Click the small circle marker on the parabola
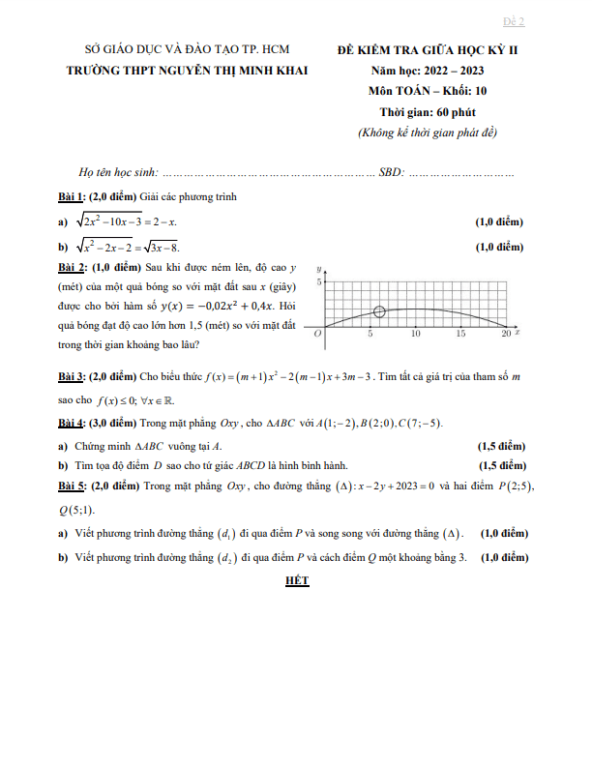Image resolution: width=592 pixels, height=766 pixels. coord(379,311)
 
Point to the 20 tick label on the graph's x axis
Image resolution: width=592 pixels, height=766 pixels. coord(505,334)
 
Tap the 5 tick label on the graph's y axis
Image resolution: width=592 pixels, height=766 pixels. coord(318,282)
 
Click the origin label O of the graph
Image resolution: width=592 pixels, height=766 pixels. coord(318,333)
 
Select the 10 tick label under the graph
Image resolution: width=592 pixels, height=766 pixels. coord(415,334)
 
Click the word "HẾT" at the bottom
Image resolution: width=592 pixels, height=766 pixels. coord(296,580)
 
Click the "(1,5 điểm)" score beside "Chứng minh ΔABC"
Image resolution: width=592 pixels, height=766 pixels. coord(502,446)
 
